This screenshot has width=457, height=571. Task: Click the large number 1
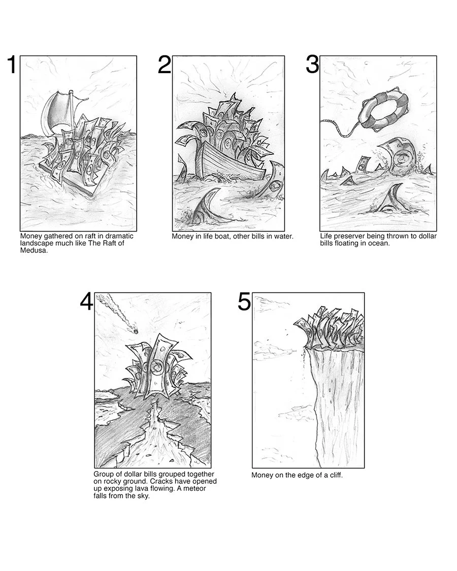(12, 65)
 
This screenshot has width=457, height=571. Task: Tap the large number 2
(165, 65)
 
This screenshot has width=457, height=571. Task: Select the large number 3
(312, 65)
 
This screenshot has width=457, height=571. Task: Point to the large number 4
(87, 302)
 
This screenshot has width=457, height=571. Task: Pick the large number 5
(244, 302)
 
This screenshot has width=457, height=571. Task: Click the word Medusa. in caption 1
(34, 251)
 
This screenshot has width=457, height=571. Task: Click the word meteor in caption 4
(195, 488)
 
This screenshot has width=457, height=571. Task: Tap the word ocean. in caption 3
(378, 243)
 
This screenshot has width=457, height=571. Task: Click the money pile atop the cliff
(330, 328)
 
